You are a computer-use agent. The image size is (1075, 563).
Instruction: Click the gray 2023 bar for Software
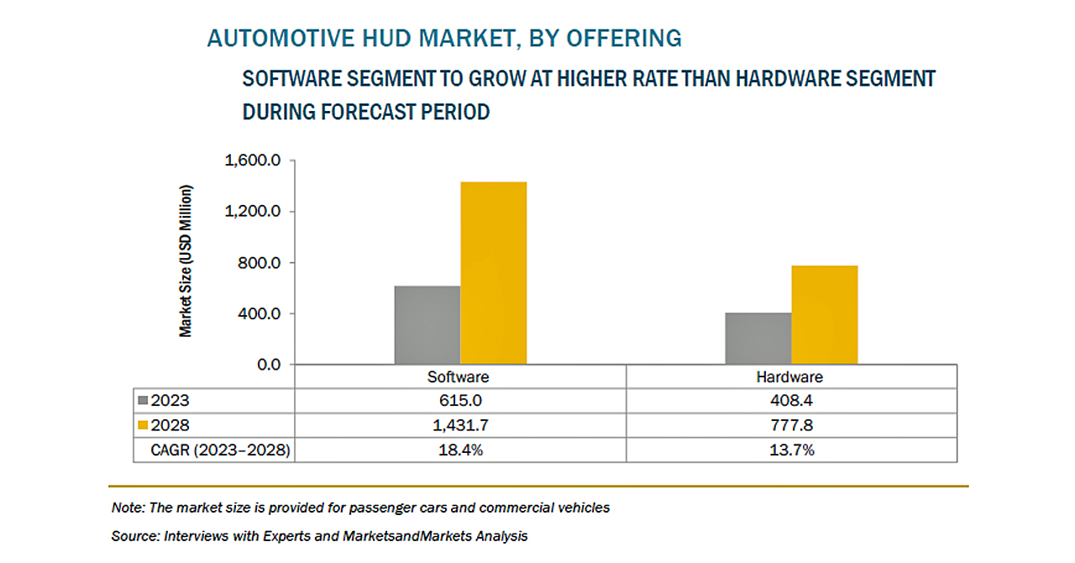[427, 325]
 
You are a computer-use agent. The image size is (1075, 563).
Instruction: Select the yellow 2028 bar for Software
[493, 273]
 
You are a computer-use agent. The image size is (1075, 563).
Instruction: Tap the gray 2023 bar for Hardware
[758, 339]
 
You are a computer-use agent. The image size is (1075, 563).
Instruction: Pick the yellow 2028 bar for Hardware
[825, 315]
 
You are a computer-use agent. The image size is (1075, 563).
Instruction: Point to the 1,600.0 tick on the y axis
[253, 160]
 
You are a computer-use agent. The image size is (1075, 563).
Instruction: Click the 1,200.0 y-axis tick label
[253, 211]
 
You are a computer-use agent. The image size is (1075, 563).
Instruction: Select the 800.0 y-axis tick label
[260, 263]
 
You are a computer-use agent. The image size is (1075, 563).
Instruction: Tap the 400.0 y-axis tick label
[260, 313]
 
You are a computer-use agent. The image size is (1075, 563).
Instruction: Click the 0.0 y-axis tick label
[269, 365]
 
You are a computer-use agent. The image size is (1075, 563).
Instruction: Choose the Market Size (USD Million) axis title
[186, 260]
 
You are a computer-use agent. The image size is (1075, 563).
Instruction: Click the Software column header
[459, 377]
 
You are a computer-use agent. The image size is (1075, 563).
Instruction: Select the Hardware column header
[789, 377]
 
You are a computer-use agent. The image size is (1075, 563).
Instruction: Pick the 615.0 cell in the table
[460, 401]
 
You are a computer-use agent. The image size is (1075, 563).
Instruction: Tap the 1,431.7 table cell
[460, 425]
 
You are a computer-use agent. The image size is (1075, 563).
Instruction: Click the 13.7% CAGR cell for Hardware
[792, 450]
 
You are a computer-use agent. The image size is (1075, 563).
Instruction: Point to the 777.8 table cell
[792, 425]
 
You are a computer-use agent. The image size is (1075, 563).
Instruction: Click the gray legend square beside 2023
[143, 401]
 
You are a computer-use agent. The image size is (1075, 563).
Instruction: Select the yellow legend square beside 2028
[143, 425]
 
